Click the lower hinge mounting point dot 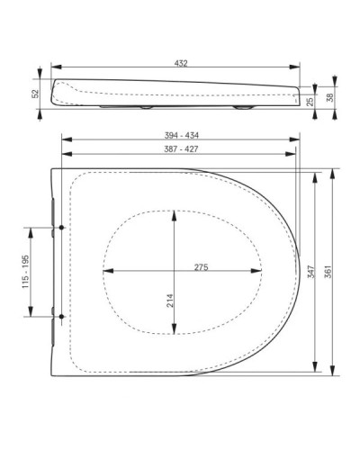[x=60, y=316]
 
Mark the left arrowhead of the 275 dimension [x=106, y=271]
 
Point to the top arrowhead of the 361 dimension [x=332, y=170]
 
